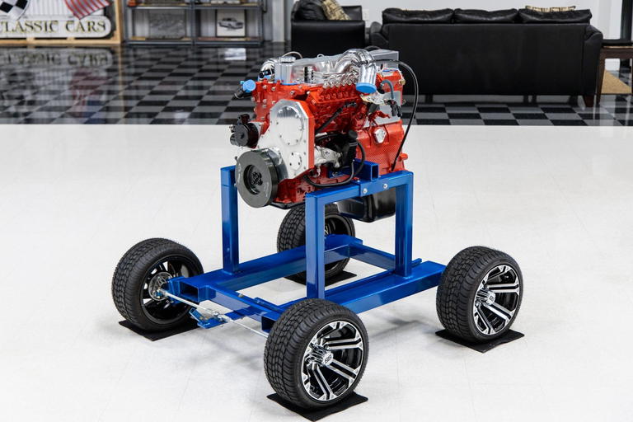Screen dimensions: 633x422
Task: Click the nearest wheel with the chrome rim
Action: point(316,354)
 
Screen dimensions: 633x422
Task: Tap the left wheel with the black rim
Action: point(157,284)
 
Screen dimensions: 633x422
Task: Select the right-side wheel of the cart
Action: point(480,293)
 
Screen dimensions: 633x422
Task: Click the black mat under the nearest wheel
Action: point(317,405)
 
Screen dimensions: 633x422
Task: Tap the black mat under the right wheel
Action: point(480,340)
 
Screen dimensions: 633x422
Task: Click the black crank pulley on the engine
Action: point(257,177)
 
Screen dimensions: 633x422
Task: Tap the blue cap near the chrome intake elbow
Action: point(365,88)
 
